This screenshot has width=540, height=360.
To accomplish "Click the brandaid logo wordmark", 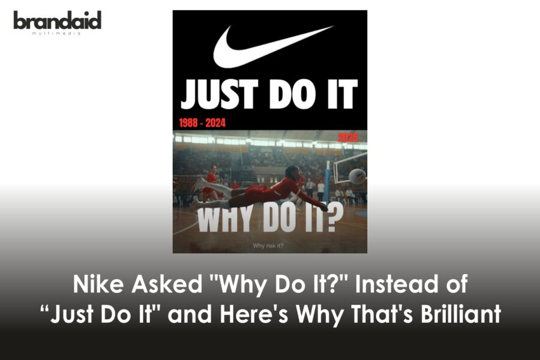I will click(x=57, y=20).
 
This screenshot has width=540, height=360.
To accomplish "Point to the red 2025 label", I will click(x=347, y=137).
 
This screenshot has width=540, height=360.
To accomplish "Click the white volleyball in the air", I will click(x=357, y=176).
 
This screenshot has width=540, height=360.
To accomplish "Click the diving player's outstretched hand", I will click(x=323, y=207).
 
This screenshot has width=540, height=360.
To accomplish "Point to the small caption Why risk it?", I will click(x=269, y=245).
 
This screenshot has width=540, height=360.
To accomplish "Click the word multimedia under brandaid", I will click(x=57, y=32).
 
